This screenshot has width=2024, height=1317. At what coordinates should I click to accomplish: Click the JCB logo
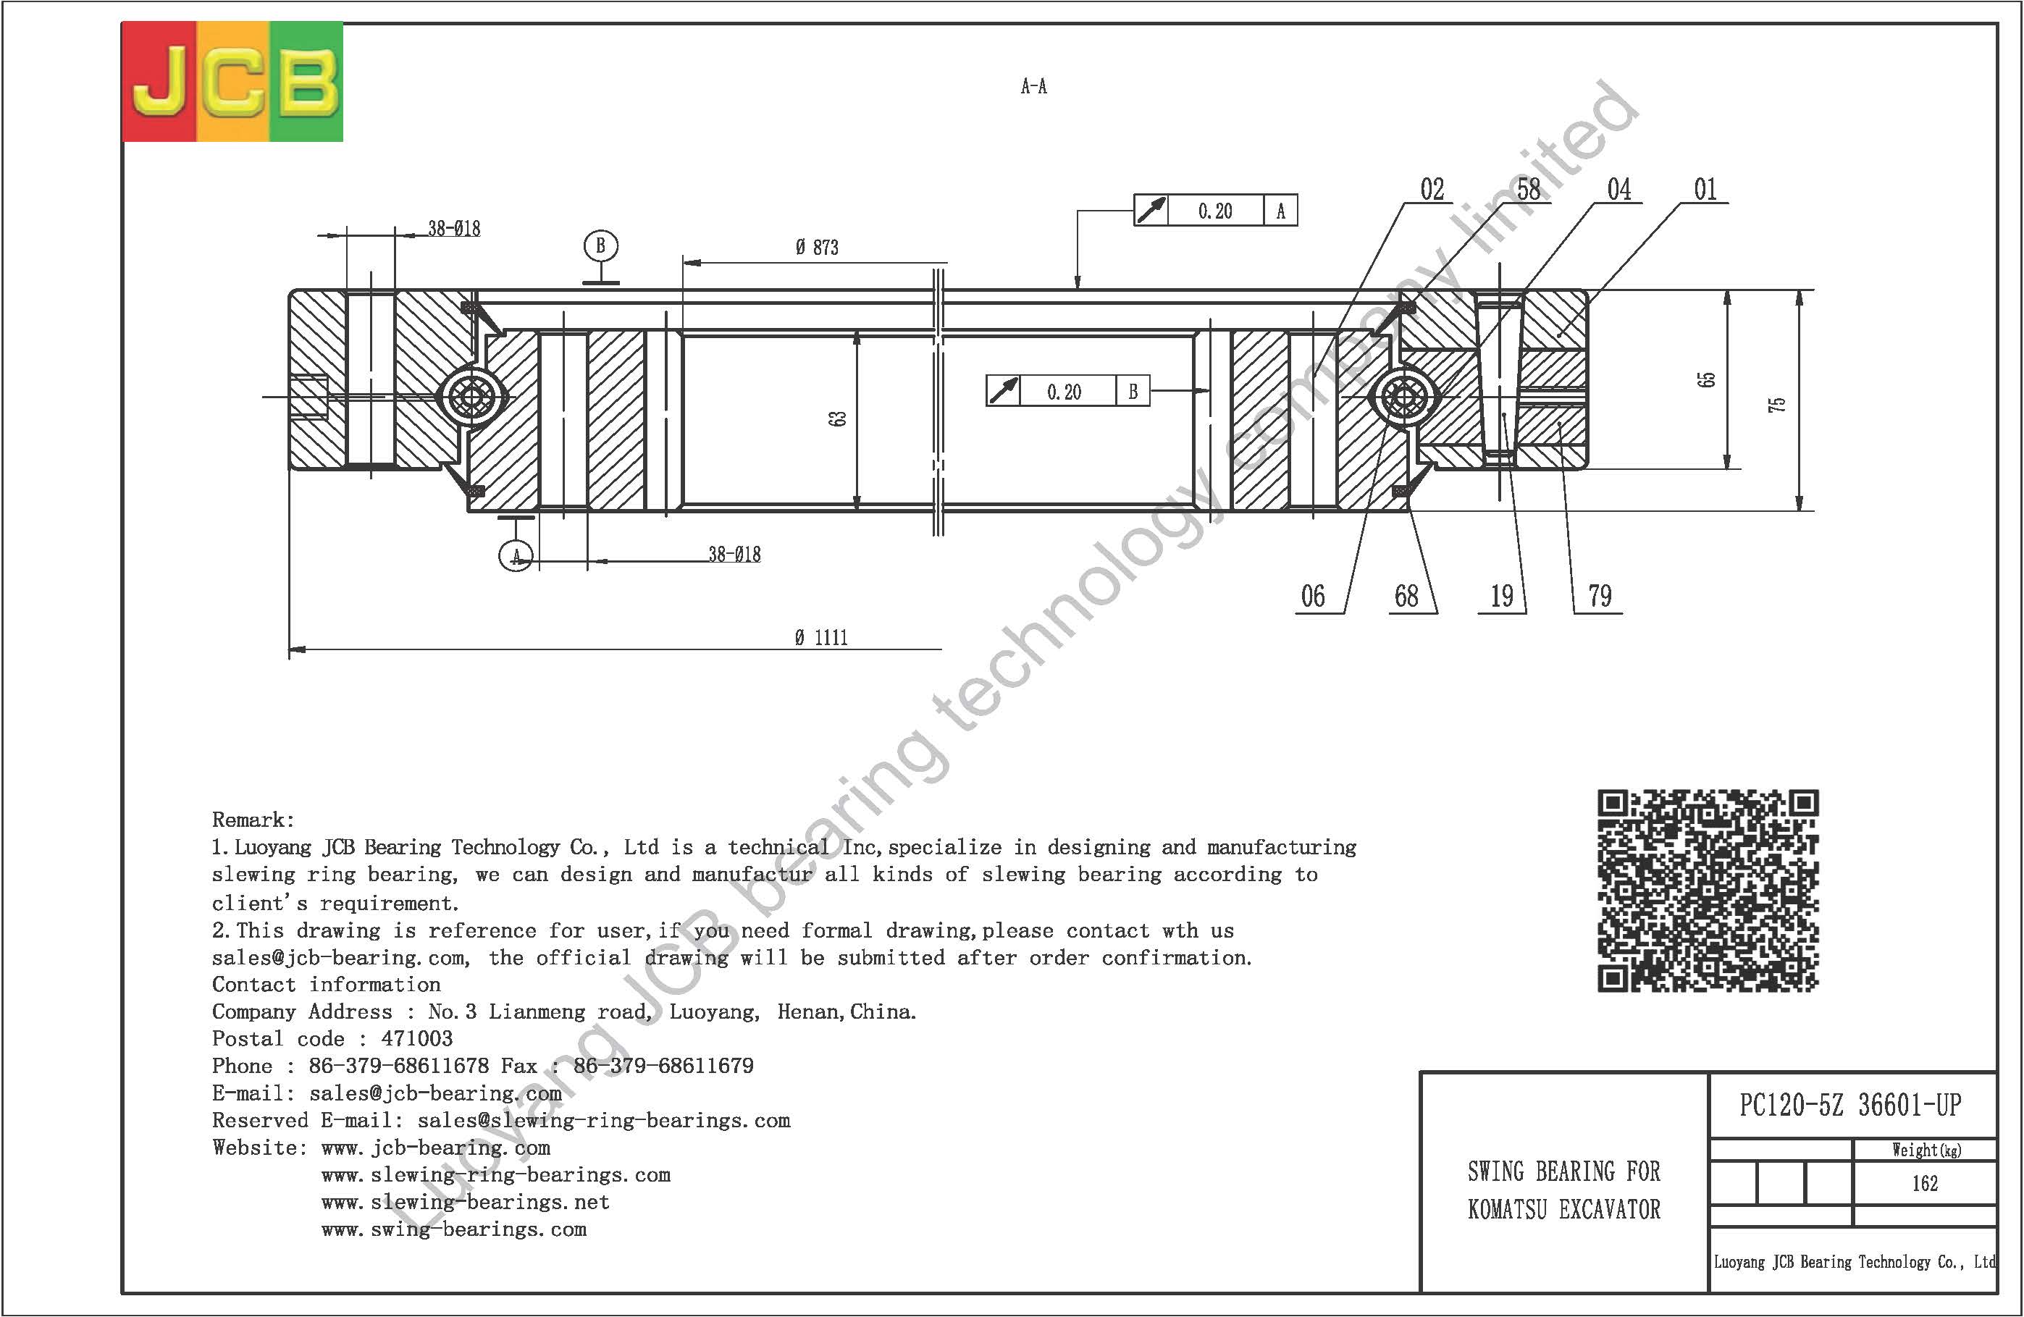point(233,82)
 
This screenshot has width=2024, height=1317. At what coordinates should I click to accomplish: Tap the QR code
point(1708,890)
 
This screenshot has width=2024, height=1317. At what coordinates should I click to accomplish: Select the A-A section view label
point(1034,86)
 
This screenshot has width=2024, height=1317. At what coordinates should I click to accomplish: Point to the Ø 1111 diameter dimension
point(821,638)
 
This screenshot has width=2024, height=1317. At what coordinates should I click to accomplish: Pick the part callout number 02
point(1432,190)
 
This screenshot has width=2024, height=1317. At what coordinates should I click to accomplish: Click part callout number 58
point(1529,190)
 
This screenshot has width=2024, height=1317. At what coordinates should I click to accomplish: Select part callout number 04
point(1619,190)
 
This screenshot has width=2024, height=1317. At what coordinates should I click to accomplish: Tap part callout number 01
point(1705,190)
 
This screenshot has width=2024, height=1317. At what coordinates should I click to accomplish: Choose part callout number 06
point(1313,596)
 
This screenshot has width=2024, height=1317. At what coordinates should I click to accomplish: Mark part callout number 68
point(1406,596)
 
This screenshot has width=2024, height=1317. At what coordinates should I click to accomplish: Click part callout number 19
point(1502,596)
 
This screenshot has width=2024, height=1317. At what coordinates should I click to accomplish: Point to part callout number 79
point(1600,596)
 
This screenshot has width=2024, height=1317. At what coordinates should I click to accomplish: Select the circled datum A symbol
point(516,556)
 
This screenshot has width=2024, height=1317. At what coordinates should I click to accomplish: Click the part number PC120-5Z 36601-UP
point(1850,1106)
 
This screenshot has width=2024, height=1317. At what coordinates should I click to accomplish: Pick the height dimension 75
point(1776,404)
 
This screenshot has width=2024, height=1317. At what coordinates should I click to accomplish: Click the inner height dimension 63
point(839,419)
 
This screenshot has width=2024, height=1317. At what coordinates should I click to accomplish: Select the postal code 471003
point(416,1039)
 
